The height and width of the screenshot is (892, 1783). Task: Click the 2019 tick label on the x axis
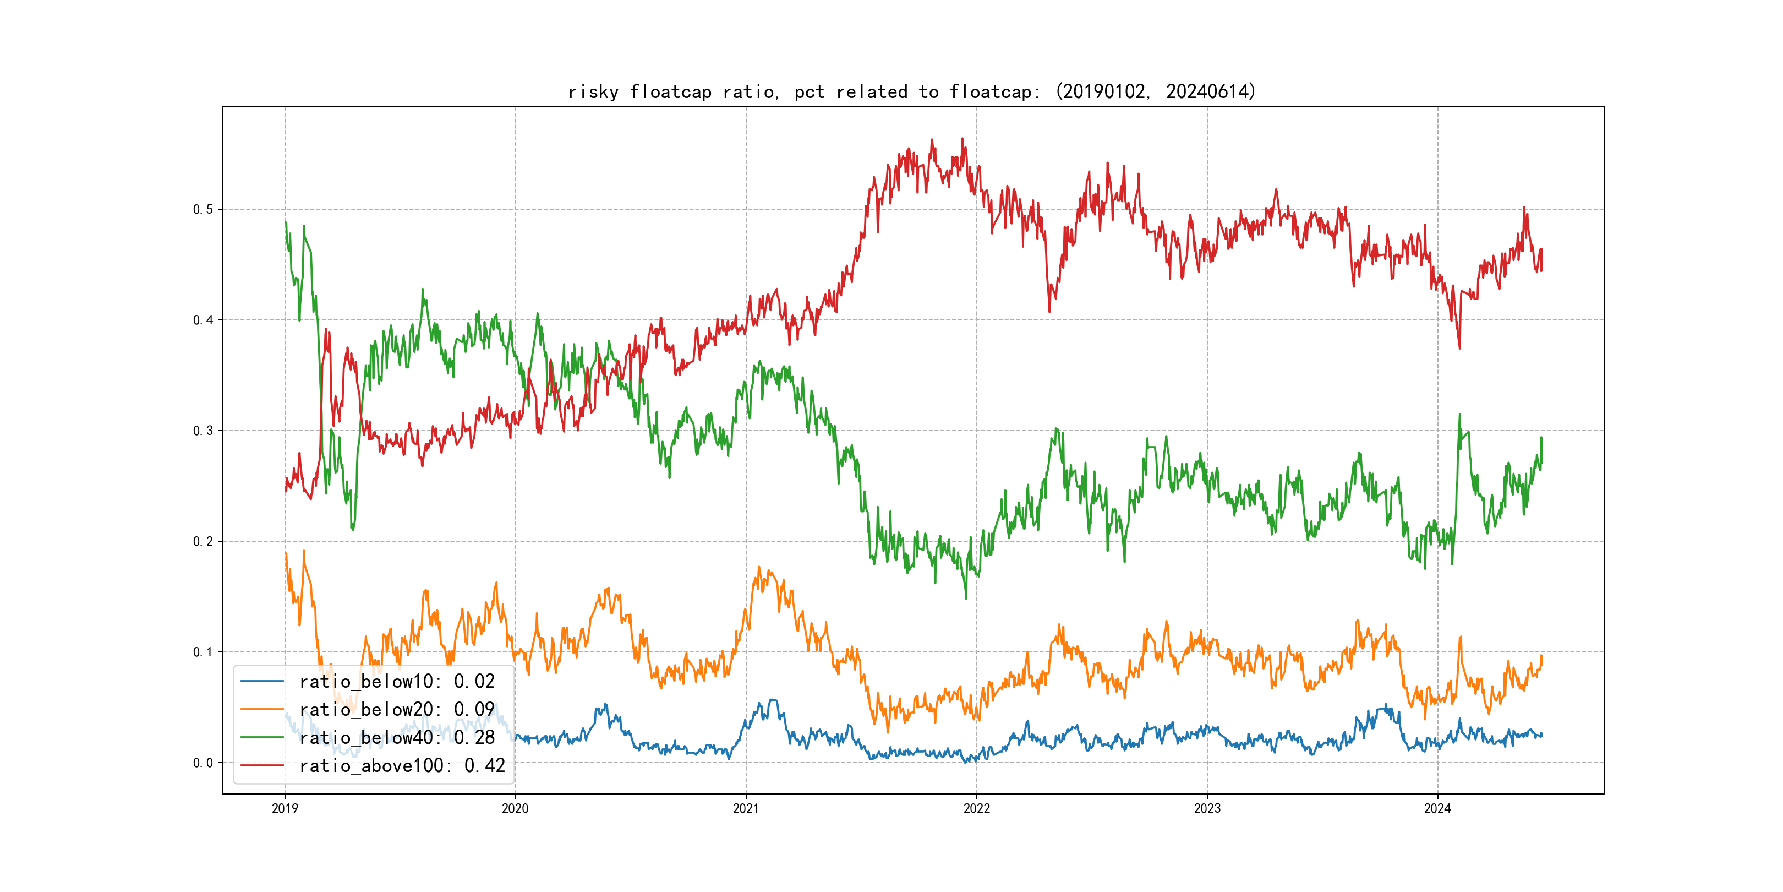tap(285, 808)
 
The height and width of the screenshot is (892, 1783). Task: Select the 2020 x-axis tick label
tap(515, 808)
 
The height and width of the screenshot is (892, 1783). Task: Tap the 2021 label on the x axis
tap(746, 808)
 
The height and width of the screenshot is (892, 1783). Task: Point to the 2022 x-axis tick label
tap(977, 808)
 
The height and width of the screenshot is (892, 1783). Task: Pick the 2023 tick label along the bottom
tap(1207, 808)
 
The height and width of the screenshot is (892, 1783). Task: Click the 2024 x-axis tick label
tap(1437, 808)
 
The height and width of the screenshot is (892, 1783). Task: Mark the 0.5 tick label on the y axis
tap(203, 209)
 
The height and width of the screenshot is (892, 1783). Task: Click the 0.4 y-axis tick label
tap(203, 320)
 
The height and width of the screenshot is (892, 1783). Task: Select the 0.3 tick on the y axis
tap(203, 431)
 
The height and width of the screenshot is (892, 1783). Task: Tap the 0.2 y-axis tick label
tap(203, 542)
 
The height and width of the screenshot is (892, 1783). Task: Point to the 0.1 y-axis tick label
tap(203, 652)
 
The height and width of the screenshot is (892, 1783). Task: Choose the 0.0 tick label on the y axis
tap(203, 763)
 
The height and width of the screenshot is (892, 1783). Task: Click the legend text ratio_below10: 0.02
tap(397, 682)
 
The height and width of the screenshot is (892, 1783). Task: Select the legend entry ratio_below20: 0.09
tap(397, 710)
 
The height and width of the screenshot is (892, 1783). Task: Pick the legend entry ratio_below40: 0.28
tap(397, 738)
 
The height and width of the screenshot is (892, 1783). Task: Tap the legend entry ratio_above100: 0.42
tap(402, 766)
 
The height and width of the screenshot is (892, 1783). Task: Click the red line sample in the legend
tap(261, 766)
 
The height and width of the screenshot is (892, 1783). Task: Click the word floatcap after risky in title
tap(670, 92)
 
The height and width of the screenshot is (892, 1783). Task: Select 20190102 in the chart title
tap(1103, 91)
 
